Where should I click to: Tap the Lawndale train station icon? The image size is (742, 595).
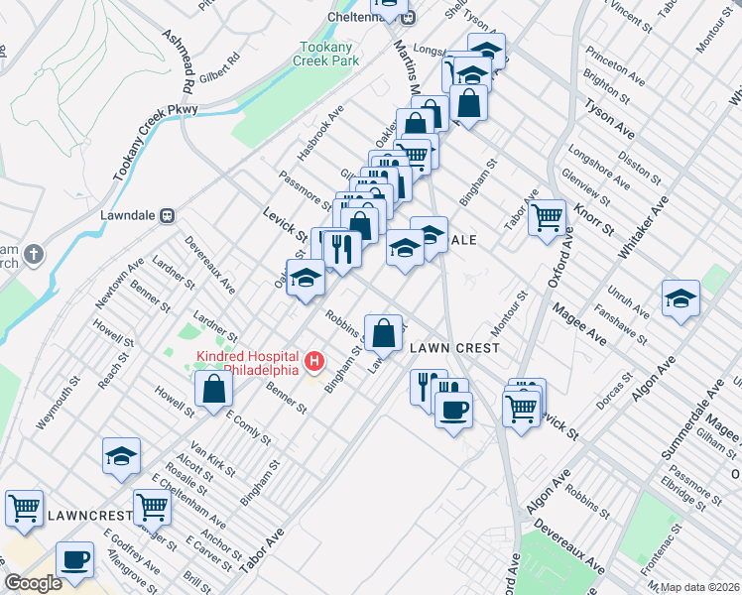(168, 214)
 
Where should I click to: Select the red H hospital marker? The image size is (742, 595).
(314, 359)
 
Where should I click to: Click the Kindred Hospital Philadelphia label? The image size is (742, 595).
(248, 363)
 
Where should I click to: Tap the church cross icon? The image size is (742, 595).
(33, 255)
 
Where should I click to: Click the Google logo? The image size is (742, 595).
(33, 583)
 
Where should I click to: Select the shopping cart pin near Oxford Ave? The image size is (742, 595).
(547, 217)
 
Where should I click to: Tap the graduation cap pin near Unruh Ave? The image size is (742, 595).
(680, 298)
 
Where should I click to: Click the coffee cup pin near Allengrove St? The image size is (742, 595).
(75, 559)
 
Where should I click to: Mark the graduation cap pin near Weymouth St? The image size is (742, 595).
(121, 455)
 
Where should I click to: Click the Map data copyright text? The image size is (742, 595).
(698, 587)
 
